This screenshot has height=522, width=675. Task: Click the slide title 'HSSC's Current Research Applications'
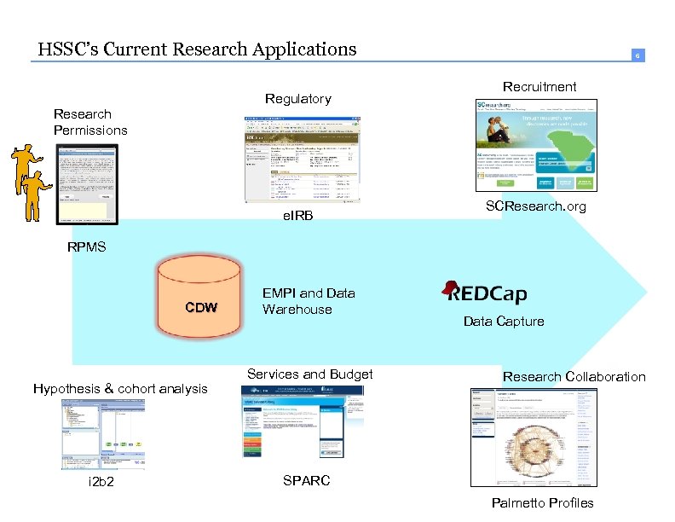click(x=197, y=49)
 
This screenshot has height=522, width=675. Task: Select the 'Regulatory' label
click(x=297, y=99)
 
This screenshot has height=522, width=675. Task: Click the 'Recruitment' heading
click(x=539, y=86)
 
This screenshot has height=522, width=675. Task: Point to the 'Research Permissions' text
click(x=90, y=122)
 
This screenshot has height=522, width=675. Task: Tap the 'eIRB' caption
click(x=297, y=217)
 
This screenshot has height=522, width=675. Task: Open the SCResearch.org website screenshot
click(x=536, y=145)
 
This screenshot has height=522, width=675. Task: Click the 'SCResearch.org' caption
click(x=535, y=206)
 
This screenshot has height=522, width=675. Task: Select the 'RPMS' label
click(x=87, y=247)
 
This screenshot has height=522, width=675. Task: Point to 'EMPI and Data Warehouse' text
click(x=309, y=301)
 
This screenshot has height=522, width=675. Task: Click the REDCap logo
click(x=485, y=293)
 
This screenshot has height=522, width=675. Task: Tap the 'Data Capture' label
click(x=503, y=322)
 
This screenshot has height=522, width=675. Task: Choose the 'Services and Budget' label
click(x=309, y=374)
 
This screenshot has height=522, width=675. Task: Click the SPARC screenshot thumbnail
click(x=303, y=422)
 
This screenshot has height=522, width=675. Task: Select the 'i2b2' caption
click(x=101, y=483)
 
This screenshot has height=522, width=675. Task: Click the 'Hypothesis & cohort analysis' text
click(x=120, y=389)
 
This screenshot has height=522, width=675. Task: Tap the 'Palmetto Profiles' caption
click(x=542, y=502)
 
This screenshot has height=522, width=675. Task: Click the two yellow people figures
click(x=32, y=179)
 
